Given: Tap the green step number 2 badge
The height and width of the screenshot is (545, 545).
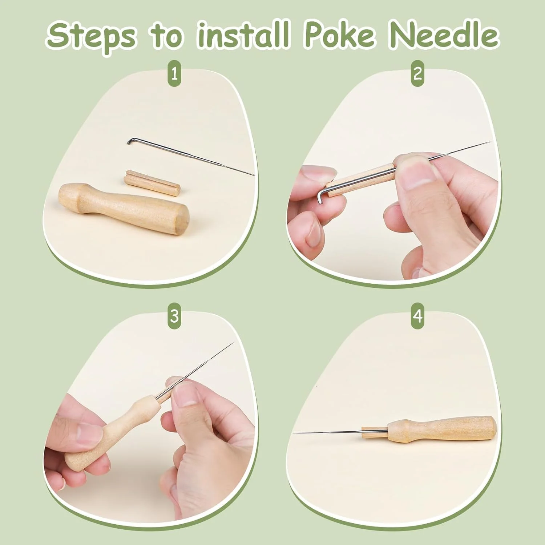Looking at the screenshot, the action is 418,74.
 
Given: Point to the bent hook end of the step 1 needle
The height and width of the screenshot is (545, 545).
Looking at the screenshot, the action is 131,140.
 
